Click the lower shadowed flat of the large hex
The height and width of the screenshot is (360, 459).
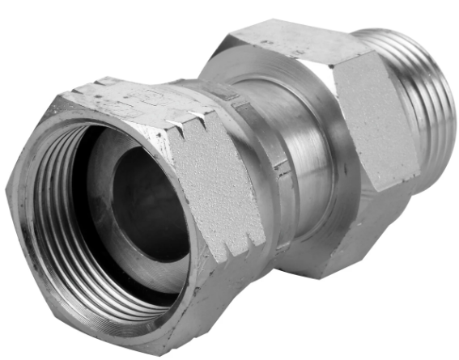[x=340, y=243]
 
